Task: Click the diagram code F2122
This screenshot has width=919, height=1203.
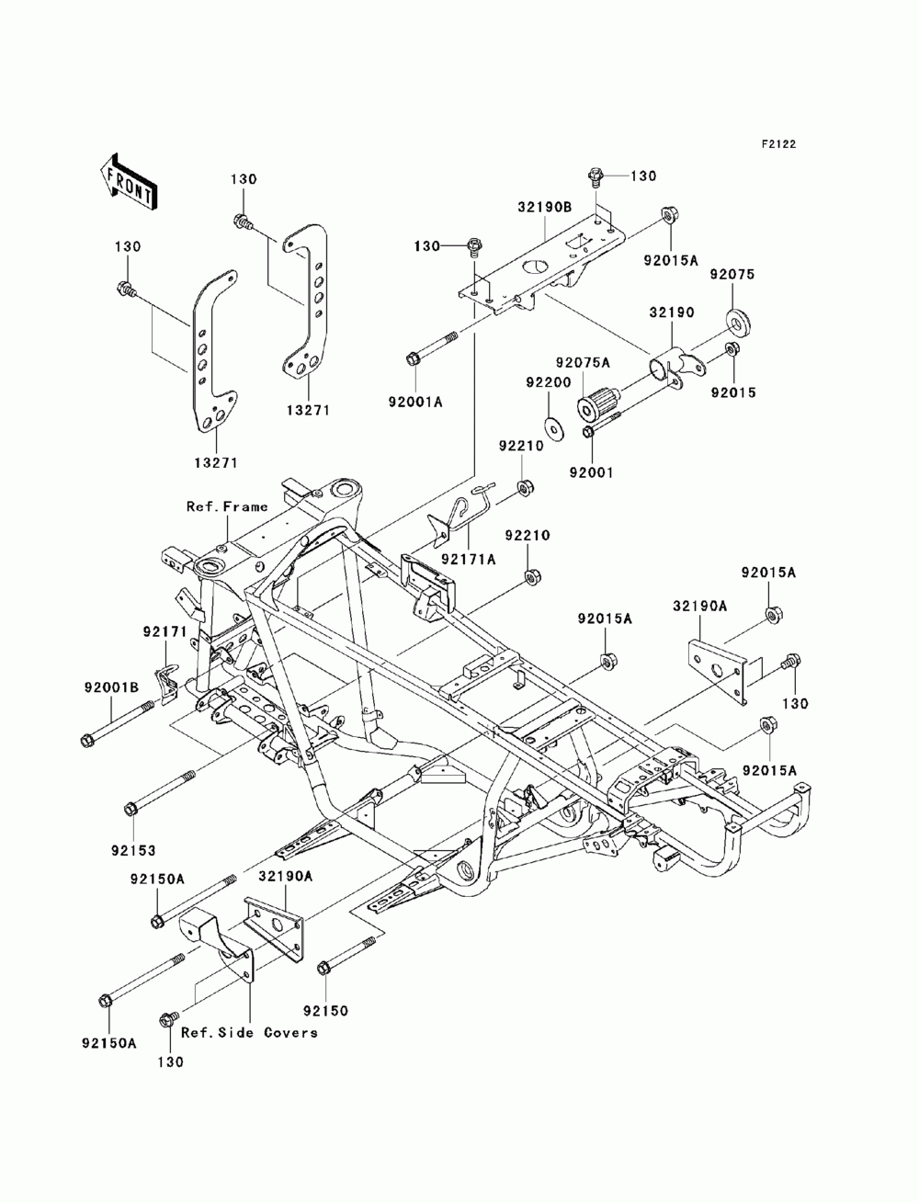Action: click(x=778, y=144)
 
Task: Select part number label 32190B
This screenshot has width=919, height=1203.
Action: click(x=545, y=207)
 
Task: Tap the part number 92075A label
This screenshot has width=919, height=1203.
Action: click(x=583, y=362)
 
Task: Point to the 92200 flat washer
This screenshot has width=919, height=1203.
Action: click(x=550, y=424)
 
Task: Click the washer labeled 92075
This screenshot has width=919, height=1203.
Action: click(x=738, y=320)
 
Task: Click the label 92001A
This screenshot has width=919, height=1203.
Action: click(x=415, y=402)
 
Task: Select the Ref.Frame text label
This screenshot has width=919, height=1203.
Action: click(x=227, y=506)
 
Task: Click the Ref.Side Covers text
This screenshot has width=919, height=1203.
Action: click(x=249, y=1033)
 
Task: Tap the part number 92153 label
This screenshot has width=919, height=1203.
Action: click(x=133, y=851)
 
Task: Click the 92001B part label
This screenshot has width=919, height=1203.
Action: click(x=112, y=687)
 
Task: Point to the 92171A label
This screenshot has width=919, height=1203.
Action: click(x=469, y=559)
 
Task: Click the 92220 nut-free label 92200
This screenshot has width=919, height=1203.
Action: click(x=549, y=382)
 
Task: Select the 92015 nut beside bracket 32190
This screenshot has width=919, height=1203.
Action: click(x=732, y=349)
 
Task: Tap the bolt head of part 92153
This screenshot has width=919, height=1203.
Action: click(x=131, y=809)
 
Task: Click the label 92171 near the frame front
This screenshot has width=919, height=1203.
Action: click(x=165, y=632)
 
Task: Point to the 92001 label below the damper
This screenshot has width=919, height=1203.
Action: click(x=591, y=471)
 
